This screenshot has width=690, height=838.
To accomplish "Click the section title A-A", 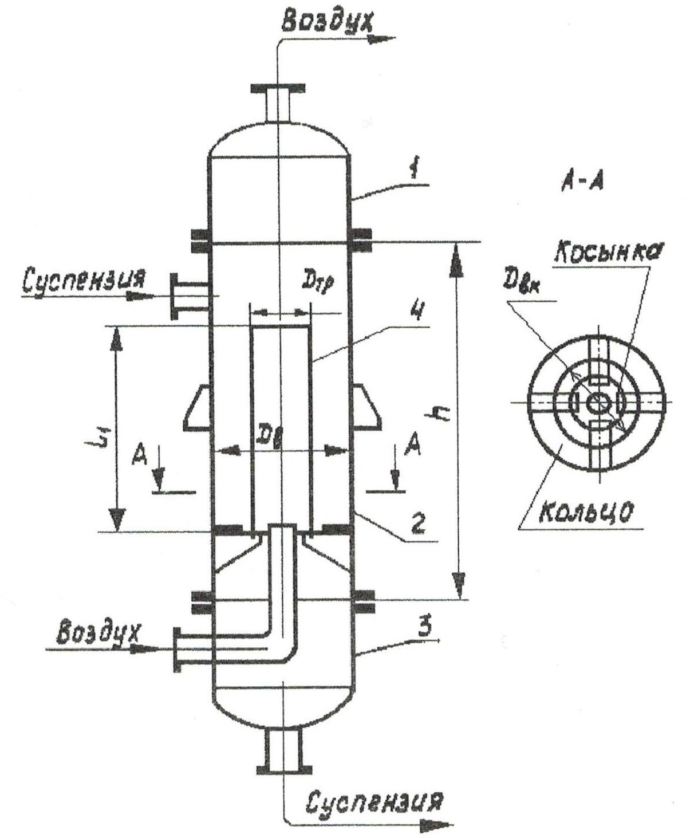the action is [582, 183].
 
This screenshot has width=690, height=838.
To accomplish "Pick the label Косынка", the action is [608, 252].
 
